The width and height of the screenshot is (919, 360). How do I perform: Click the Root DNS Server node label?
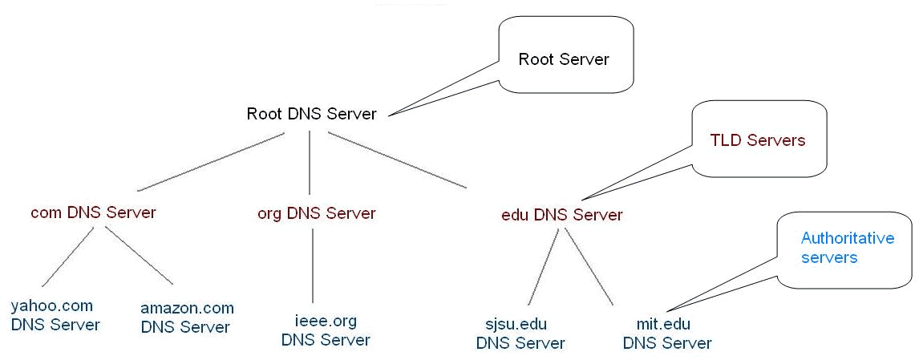point(311,114)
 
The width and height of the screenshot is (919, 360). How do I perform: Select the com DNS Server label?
point(93,212)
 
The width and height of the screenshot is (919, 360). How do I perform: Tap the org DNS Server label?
point(316,213)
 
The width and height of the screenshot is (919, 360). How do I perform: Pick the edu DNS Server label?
point(561,215)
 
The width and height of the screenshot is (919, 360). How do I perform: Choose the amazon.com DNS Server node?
point(186,318)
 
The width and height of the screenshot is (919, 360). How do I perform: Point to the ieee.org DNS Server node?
point(326,330)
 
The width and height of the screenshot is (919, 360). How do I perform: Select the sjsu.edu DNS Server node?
point(520,334)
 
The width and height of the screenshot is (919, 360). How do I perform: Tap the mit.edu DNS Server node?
point(666,334)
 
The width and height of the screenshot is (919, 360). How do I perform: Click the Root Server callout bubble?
point(564,59)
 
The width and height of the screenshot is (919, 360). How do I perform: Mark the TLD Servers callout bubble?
point(757,140)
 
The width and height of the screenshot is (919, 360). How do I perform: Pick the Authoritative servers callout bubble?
point(847,248)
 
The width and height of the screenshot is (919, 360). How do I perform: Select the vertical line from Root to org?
point(310,160)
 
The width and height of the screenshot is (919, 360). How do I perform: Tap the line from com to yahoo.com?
point(69,257)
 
